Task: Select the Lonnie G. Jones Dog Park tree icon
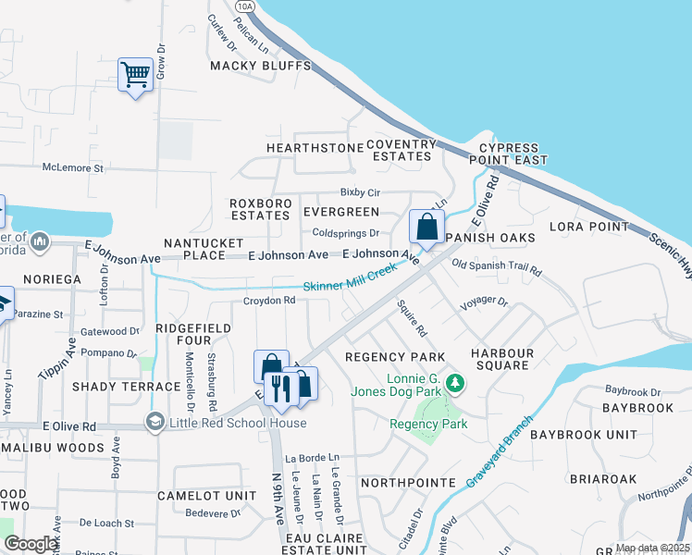click(x=454, y=382)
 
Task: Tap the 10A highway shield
click(x=244, y=6)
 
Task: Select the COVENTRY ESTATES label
click(x=401, y=150)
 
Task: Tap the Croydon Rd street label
click(x=268, y=301)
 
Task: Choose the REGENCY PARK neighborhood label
click(x=395, y=357)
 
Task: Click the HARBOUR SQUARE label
click(x=502, y=359)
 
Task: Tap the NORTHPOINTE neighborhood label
click(x=408, y=483)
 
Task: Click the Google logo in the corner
click(x=31, y=544)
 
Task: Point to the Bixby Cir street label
click(x=360, y=192)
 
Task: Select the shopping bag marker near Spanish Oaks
click(x=426, y=227)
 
